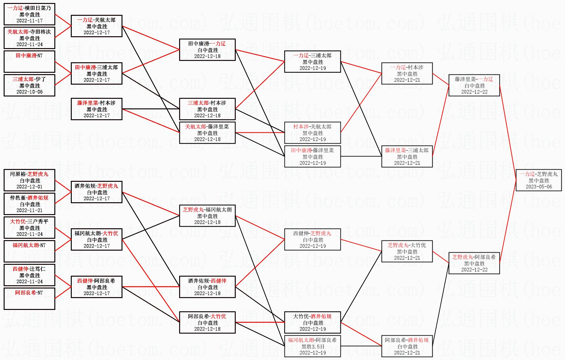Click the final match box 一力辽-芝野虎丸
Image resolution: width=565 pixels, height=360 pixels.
pos(539,180)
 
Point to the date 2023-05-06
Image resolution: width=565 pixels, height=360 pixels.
pos(539,187)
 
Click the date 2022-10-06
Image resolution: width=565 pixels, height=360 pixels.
pos(30,92)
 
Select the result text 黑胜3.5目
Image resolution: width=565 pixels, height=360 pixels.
pos(313,346)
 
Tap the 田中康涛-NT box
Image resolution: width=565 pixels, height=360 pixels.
pos(29,62)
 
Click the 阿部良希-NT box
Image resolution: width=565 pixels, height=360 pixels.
pos(29,299)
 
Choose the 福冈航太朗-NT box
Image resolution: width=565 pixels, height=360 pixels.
pos(29,251)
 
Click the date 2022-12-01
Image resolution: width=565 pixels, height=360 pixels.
pos(30,187)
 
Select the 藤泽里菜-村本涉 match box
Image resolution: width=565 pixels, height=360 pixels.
pos(96,109)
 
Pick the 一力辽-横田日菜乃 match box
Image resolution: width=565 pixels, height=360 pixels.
pos(29,14)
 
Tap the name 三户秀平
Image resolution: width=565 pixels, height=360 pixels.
pos(38,222)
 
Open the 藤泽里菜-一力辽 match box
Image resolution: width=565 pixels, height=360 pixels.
pos(474,85)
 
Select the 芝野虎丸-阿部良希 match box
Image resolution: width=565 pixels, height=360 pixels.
pos(474,263)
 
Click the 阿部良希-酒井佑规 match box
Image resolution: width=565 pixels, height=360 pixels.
pos(407,346)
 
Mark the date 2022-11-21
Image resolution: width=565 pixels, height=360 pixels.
pos(30,210)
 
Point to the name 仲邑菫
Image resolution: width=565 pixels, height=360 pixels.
pos(17,198)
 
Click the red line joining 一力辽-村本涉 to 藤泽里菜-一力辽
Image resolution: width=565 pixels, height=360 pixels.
pos(441,79)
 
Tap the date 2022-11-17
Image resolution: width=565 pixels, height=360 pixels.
pos(30,21)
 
